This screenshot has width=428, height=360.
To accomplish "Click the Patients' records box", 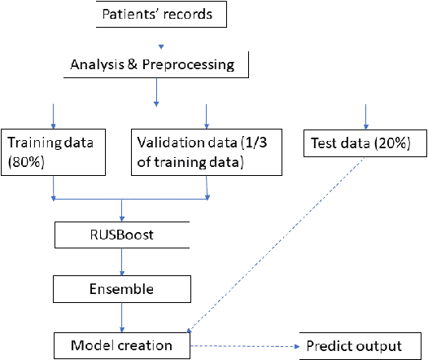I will pos(158,14).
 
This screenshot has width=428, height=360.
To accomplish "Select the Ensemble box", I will pos(122,288).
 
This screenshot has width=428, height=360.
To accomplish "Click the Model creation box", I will pos(122,345).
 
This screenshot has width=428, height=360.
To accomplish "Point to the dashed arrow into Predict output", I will pos(244,345).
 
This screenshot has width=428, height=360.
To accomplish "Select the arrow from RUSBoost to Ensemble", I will pos(122,263).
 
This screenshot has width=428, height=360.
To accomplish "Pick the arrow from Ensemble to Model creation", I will pos(122,315).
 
